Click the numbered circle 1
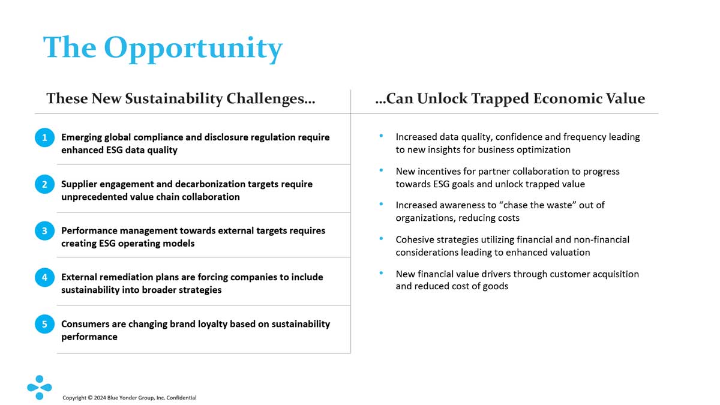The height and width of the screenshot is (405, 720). click(44, 137)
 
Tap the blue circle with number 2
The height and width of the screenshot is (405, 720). click(44, 184)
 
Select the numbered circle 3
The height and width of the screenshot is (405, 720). click(44, 231)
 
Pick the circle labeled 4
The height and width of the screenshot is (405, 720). click(44, 277)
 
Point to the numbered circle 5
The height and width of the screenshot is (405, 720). click(44, 324)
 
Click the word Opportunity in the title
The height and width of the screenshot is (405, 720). click(193, 49)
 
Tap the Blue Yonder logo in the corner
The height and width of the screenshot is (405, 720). click(40, 388)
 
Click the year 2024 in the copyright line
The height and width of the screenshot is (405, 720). click(100, 398)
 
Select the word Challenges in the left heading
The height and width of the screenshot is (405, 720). click(271, 98)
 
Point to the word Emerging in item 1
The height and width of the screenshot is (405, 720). click(82, 138)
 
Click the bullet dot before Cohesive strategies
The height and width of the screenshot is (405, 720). click(381, 239)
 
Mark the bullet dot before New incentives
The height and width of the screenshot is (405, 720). click(381, 170)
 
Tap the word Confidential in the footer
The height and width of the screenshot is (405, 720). click(181, 398)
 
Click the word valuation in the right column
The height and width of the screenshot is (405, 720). click(570, 253)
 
